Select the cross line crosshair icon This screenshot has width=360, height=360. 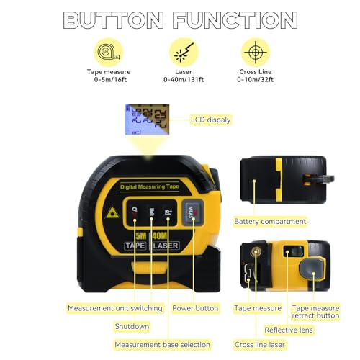(252, 53)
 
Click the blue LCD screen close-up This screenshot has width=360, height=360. (143, 120)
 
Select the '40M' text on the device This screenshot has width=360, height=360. (166, 234)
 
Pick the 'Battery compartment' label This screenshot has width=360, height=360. (270, 221)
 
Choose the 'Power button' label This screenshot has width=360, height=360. (195, 308)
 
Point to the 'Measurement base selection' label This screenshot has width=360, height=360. (162, 344)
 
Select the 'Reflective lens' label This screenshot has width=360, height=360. (289, 330)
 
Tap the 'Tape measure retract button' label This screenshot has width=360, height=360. (315, 312)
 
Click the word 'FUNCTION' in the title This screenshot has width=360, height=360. (230, 19)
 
